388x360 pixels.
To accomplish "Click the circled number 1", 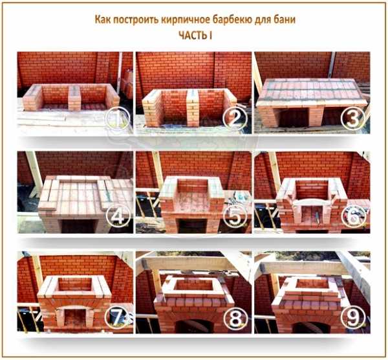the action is tap(118, 118).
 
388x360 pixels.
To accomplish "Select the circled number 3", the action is tap(353, 118).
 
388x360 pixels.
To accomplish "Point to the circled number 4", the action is tap(118, 217).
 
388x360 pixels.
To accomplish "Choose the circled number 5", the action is tap(235, 217).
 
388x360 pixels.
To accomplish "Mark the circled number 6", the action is tap(353, 217).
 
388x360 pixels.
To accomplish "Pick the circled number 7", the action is tap(117, 318).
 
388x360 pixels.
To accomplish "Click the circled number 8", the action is tap(235, 318).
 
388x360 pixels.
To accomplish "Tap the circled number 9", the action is tap(353, 318).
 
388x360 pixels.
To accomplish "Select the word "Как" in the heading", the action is tap(102, 19).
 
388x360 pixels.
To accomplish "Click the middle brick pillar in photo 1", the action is tap(74, 98).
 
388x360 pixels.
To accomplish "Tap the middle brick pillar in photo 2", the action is tap(193, 107).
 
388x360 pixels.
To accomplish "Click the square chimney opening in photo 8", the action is tap(193, 286).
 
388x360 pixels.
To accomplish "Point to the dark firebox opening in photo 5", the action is tap(193, 226).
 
